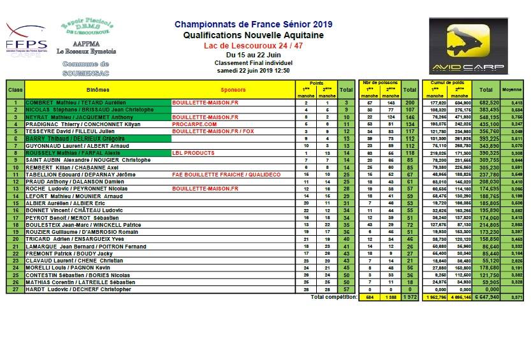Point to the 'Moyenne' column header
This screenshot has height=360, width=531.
[513, 90]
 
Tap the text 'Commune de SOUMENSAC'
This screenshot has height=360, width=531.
[87, 69]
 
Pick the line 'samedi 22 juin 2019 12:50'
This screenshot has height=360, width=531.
[253, 70]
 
